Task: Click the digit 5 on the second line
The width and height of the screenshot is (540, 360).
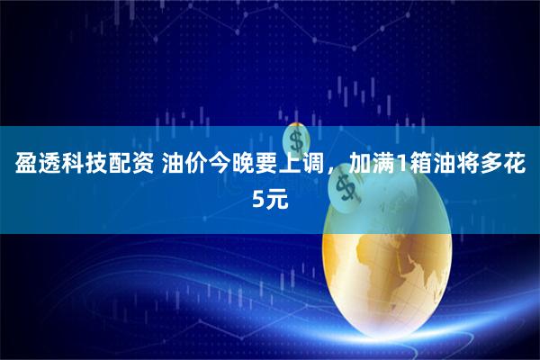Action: [x=258, y=199]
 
